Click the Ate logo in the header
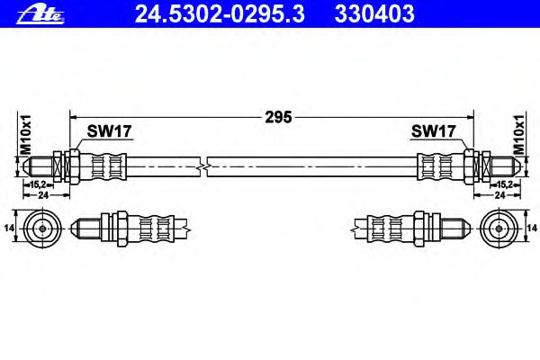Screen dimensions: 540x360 40,14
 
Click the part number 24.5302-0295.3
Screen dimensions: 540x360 220,14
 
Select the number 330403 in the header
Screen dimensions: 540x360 374,14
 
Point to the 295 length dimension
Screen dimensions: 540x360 278,117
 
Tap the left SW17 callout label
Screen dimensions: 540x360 109,130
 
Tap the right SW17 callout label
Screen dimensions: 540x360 434,130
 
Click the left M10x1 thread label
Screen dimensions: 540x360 26,135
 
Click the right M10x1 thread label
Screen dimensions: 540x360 518,135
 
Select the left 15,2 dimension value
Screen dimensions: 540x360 38,184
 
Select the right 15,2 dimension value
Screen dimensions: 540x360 505,184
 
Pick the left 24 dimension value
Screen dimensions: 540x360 43,195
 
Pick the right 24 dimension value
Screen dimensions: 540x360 499,195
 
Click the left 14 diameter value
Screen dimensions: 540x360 9,228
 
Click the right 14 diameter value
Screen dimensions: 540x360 532,228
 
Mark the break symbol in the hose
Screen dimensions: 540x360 203,166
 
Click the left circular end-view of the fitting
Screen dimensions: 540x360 42,228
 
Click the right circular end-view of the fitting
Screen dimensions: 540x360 499,228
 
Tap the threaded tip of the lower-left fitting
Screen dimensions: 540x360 85,228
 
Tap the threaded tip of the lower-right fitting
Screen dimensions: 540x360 456,228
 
